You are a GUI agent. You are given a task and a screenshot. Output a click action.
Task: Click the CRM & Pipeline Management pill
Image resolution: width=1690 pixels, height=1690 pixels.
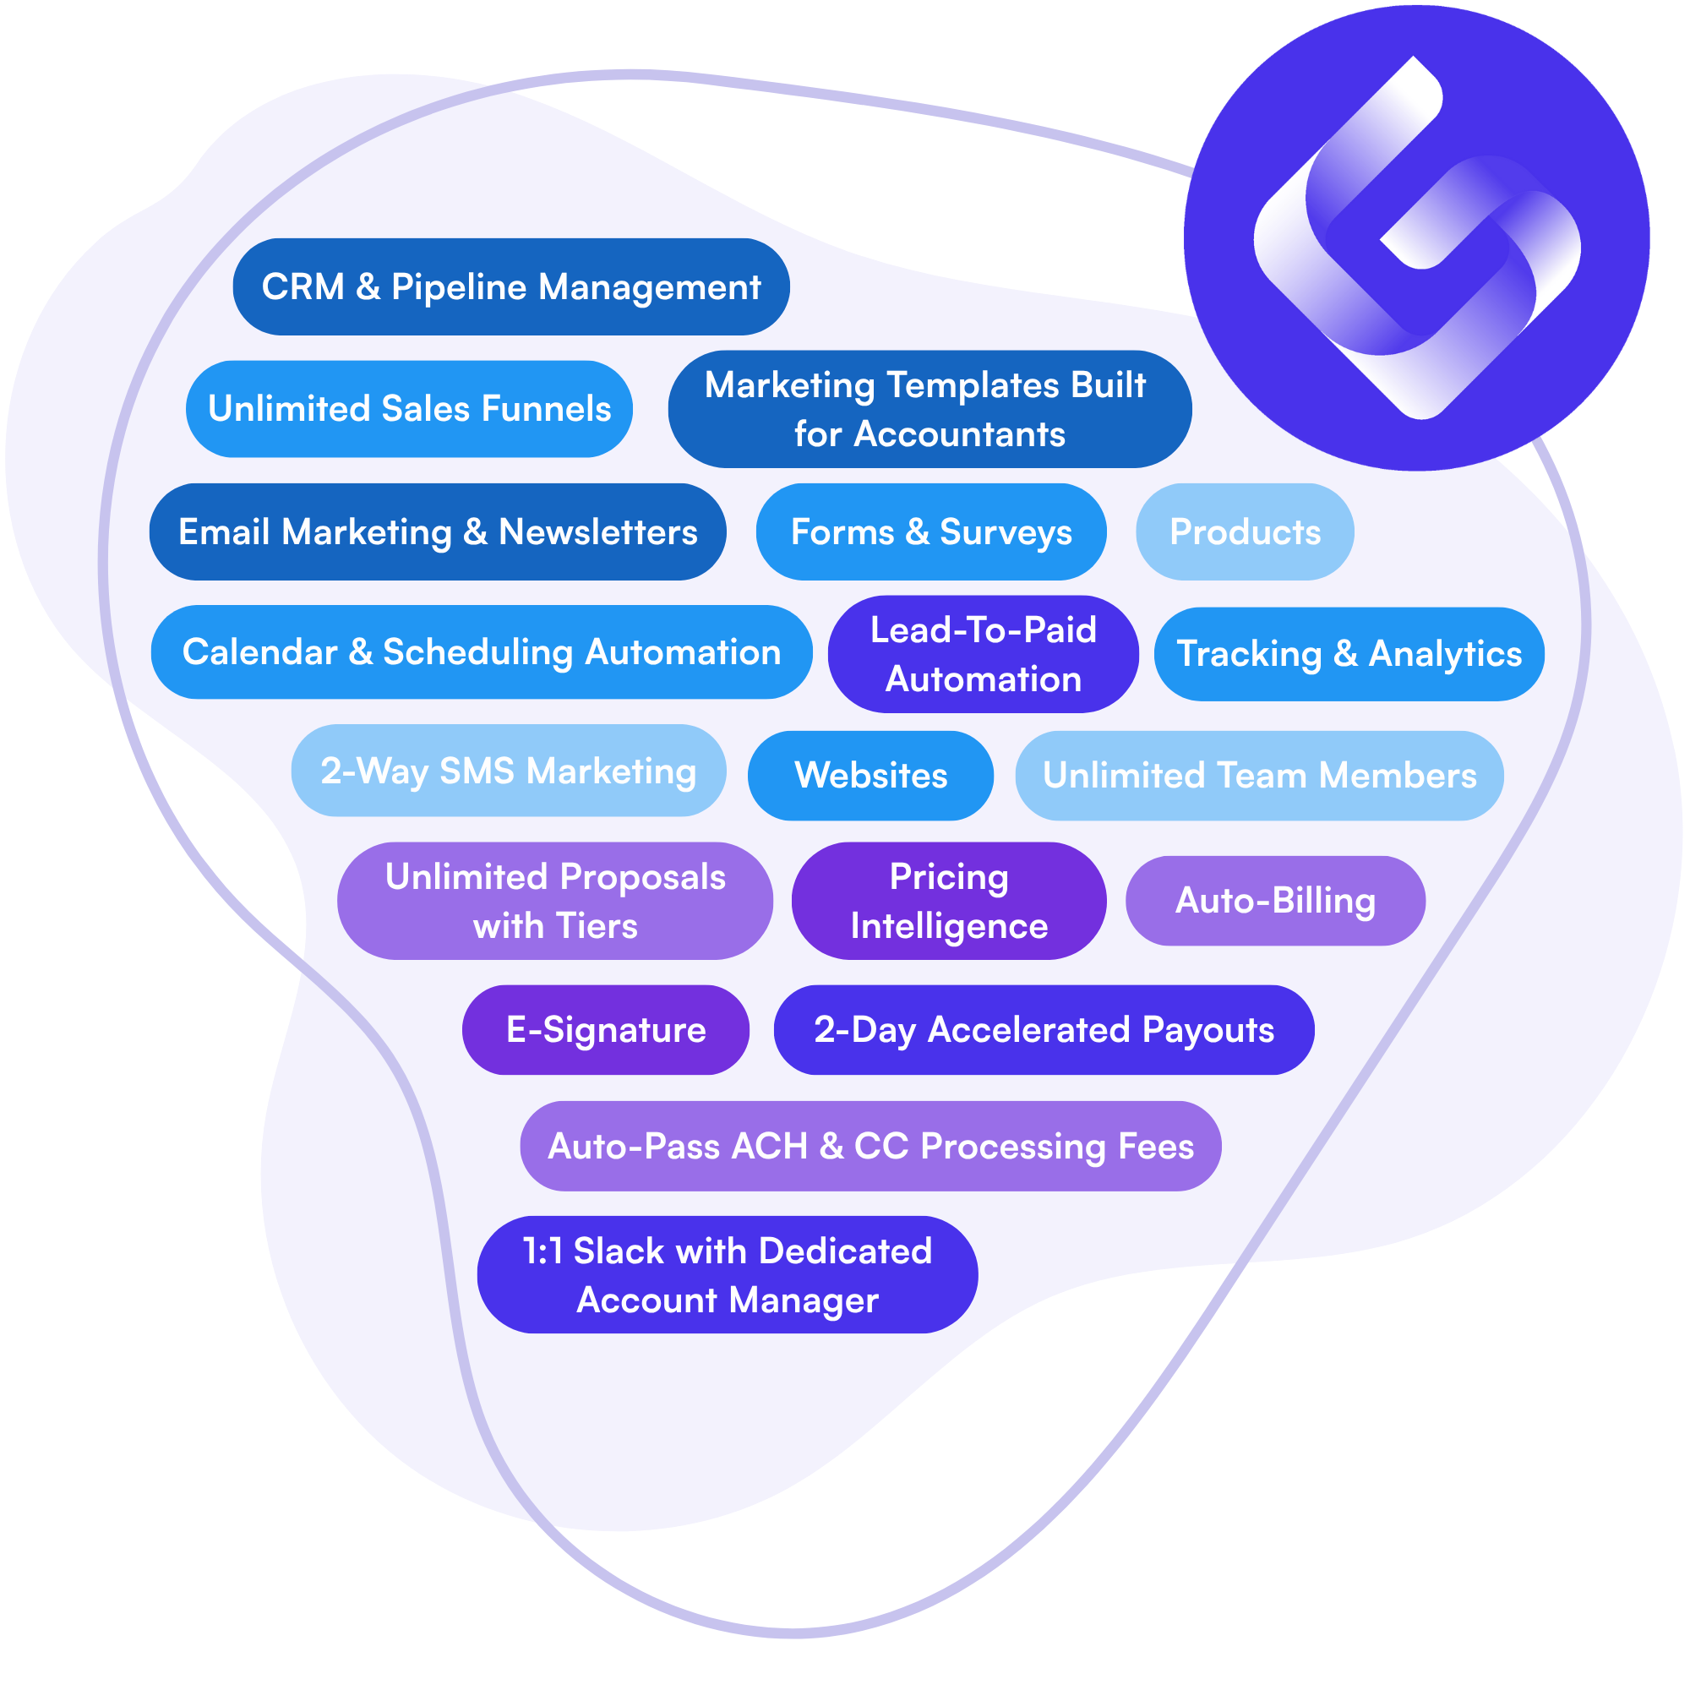511,287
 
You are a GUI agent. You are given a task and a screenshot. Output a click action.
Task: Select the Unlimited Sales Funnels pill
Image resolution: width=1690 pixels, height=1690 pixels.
409,408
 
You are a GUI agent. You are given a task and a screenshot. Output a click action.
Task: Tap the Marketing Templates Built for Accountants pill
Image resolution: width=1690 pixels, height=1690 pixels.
929,408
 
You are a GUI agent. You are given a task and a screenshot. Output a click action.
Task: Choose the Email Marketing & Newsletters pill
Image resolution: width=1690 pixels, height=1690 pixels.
438,532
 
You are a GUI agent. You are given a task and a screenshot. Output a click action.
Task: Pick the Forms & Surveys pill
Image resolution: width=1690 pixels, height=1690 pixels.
930,532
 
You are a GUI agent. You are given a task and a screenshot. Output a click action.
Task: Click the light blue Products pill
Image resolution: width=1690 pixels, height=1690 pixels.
1244,532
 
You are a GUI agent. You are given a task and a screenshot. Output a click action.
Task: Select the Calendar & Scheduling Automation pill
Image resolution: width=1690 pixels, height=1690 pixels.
481,651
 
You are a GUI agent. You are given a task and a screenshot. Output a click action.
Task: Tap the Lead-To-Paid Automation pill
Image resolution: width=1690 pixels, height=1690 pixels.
984,653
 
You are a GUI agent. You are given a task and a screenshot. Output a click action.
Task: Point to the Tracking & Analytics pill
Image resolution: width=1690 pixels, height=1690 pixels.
1349,653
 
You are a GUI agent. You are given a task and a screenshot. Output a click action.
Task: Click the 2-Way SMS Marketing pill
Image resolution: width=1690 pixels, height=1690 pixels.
508,771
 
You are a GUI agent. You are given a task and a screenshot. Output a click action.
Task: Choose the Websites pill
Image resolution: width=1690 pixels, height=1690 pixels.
870,775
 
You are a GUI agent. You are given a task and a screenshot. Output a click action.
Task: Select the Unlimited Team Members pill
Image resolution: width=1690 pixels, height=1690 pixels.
1259,775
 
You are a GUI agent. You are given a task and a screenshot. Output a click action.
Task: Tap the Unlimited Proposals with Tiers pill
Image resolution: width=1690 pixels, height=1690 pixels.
554,901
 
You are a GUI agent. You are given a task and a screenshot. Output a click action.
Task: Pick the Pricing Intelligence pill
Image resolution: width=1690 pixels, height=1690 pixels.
948,901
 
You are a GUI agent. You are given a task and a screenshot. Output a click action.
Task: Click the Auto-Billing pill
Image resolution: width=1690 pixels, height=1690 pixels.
1274,901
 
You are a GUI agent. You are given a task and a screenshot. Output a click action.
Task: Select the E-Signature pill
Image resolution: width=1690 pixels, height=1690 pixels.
605,1029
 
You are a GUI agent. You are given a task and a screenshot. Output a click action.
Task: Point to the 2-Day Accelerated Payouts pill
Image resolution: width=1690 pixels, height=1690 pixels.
1044,1029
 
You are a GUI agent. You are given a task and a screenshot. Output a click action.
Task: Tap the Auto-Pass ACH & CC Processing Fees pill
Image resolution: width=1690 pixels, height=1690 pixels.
870,1146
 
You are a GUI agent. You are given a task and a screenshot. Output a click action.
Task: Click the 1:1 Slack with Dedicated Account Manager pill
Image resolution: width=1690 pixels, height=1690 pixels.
727,1274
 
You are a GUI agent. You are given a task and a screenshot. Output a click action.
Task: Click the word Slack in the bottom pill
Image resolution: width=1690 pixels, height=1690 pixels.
619,1251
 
